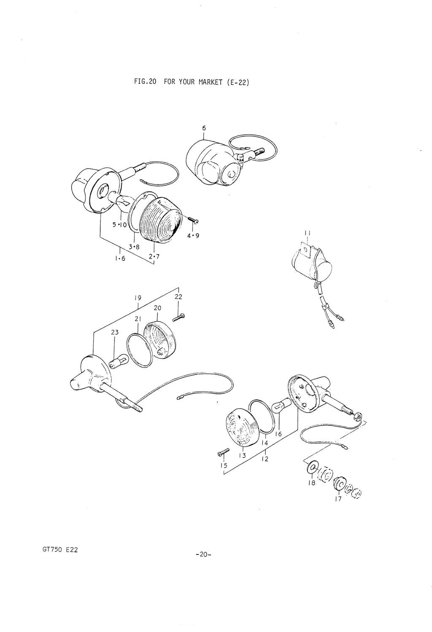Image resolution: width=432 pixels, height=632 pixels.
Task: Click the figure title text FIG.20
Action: [145, 82]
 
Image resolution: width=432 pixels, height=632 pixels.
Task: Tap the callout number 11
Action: [308, 233]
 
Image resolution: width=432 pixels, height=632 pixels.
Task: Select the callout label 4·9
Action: [193, 235]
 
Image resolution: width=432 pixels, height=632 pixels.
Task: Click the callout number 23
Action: [115, 332]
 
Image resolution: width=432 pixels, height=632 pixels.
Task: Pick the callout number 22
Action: [178, 297]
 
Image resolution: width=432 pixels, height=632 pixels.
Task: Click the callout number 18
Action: [311, 483]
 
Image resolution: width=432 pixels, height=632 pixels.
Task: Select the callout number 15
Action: [224, 465]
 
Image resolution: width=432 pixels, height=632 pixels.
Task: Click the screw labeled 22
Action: [178, 317]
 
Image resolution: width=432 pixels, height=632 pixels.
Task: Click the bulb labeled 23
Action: [119, 361]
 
